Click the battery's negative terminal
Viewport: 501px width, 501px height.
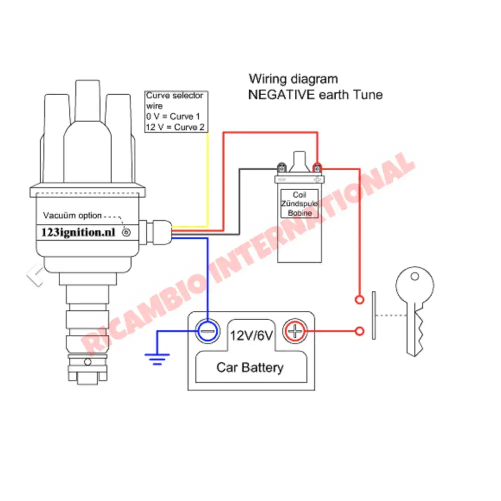click(207, 331)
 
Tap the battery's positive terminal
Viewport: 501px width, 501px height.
click(295, 331)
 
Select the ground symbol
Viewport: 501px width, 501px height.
click(157, 359)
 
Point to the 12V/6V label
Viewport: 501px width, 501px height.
click(252, 335)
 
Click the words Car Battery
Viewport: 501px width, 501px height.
click(249, 367)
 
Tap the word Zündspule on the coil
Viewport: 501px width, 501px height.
click(299, 204)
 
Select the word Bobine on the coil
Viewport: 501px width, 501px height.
click(299, 213)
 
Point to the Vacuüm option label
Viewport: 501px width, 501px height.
click(72, 216)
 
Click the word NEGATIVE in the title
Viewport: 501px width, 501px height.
click(282, 95)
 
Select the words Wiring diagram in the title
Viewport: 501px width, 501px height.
click(293, 79)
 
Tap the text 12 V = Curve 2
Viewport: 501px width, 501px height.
click(175, 127)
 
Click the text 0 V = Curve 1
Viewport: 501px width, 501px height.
click(172, 117)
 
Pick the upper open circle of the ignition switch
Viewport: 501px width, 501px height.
click(359, 300)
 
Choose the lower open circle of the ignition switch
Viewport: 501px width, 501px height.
click(359, 331)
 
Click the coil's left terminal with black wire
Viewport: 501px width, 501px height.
click(282, 168)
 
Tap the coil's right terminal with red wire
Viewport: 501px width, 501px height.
click(317, 168)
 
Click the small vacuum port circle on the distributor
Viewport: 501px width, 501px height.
click(126, 233)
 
